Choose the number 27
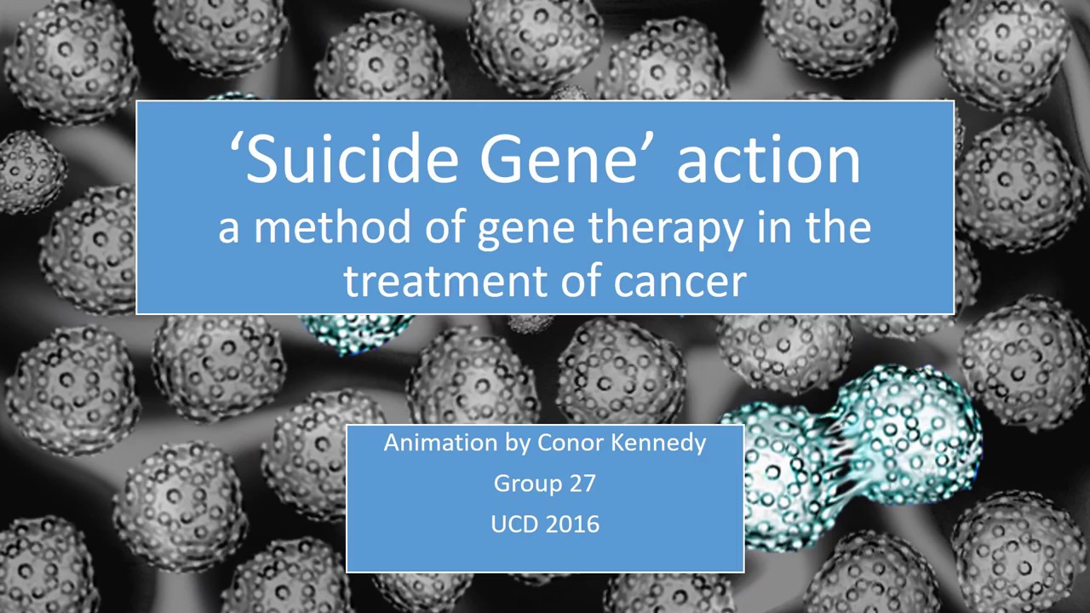coord(581,484)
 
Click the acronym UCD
coord(514,524)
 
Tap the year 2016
coord(572,524)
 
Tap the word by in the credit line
coord(519,444)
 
